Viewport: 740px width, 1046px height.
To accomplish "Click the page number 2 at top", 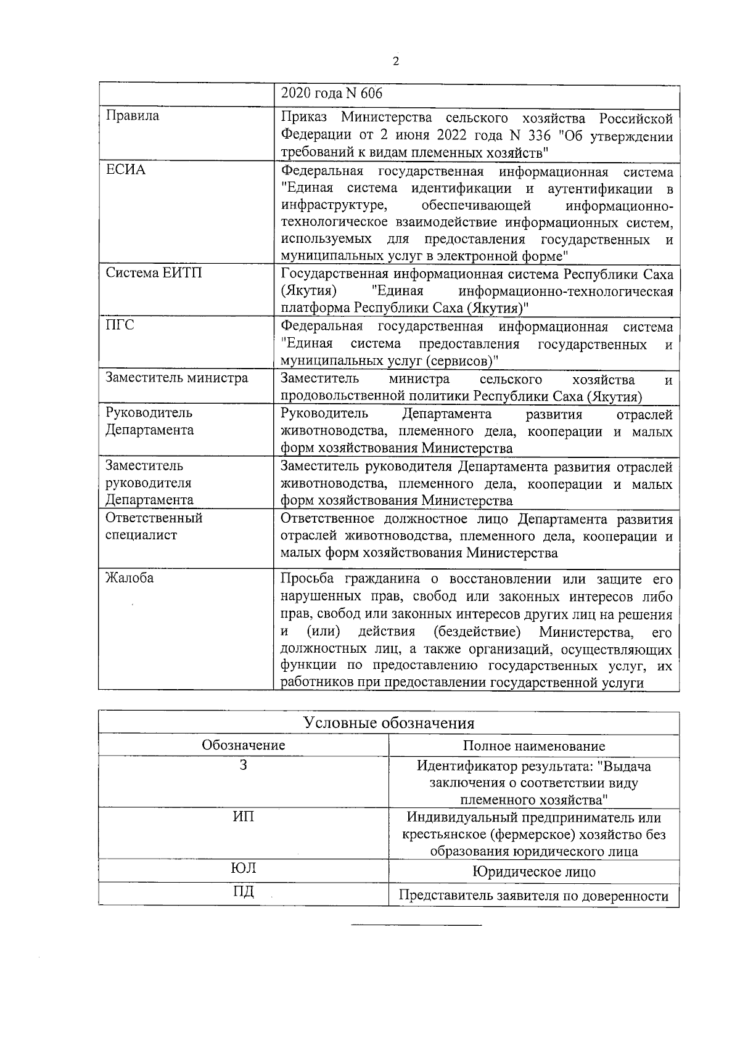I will pos(395,61).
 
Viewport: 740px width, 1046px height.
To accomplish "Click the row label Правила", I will pos(132,116).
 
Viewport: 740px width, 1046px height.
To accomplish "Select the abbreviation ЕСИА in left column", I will pos(125,170).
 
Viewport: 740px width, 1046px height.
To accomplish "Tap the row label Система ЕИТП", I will pos(154,273).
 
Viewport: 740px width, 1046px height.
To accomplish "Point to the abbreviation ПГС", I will pos(120,325).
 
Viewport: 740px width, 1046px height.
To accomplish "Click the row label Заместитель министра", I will pos(176,378).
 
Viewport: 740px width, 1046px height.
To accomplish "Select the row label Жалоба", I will pos(129,578).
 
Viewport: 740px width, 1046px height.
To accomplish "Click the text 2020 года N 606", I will pos(331,93).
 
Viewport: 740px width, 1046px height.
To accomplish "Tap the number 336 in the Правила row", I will pos(540,136).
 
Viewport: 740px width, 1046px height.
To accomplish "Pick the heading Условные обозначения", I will pos(388,723).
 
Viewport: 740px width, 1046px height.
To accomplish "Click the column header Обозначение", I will pos(243,745).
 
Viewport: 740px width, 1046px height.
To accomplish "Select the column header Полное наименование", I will pos(533,746).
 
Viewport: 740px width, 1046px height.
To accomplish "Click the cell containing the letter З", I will pos(243,766).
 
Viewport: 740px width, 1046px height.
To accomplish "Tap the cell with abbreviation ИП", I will pos(243,817).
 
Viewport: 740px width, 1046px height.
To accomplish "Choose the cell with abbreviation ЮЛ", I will pos(243,869).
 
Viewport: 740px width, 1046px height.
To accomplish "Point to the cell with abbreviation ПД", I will pos(243,892).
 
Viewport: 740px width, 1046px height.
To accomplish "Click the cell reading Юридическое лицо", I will pos(533,872).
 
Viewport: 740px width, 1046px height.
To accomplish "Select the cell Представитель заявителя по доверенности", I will pos(533,896).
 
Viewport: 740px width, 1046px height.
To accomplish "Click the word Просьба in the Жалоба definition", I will pos(306,579).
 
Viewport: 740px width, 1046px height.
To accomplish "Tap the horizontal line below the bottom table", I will pos(416,925).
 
